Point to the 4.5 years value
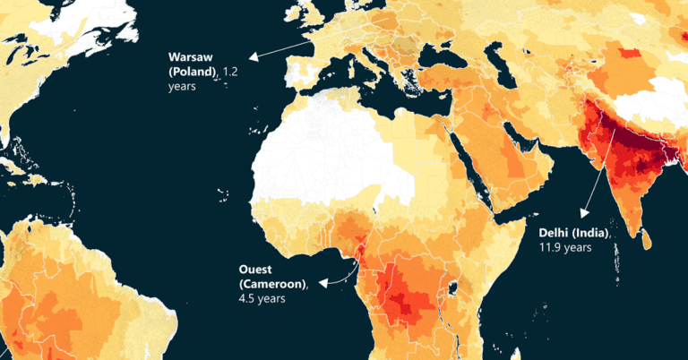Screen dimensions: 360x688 point(262,298)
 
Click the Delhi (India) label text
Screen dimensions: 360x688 point(573,233)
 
